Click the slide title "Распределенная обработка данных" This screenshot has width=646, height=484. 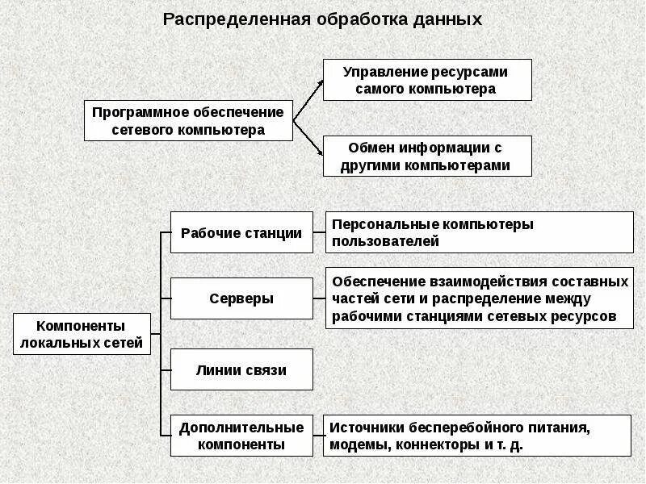(322, 19)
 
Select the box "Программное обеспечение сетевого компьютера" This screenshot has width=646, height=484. (188, 120)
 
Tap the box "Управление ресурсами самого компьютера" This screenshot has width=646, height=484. (427, 79)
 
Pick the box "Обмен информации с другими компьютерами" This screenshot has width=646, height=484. (427, 156)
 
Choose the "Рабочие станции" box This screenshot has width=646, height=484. (241, 232)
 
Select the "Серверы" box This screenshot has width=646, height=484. (241, 298)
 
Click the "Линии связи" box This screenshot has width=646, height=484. (241, 370)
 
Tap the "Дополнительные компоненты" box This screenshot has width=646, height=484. (241, 436)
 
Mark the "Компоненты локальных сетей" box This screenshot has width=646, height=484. (82, 334)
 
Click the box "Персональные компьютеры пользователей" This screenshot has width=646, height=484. (479, 232)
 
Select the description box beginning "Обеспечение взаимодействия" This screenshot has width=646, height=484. (479, 298)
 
